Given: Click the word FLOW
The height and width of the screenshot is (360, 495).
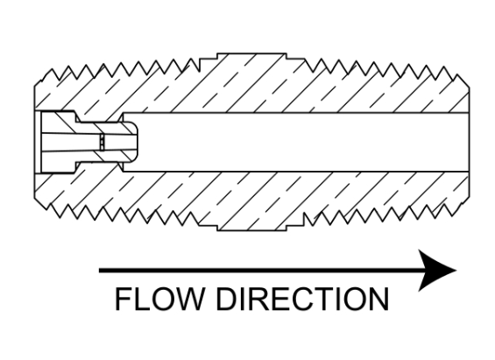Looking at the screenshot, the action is click(x=159, y=299).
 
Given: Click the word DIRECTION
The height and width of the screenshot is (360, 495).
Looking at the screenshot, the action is click(x=302, y=299).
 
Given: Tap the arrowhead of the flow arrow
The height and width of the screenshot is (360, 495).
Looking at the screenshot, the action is click(x=437, y=271).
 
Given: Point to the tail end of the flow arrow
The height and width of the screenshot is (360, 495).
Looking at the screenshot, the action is click(x=100, y=271).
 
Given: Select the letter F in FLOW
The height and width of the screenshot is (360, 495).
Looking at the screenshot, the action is click(x=124, y=299).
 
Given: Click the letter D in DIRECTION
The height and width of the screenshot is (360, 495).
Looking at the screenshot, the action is click(x=227, y=299).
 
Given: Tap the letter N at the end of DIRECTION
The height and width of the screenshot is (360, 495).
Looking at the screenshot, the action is click(x=378, y=299).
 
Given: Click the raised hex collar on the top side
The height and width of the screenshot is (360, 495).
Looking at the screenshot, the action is click(x=251, y=56).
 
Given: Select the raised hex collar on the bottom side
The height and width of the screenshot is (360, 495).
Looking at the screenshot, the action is click(x=251, y=228).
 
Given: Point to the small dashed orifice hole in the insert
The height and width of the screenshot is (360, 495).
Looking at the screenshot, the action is click(x=102, y=142).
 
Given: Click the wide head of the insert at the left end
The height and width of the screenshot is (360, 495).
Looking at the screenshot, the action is click(x=59, y=142).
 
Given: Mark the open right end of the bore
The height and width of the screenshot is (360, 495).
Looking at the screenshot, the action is click(x=468, y=142).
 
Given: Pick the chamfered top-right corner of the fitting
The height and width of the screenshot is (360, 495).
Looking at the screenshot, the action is click(x=463, y=81).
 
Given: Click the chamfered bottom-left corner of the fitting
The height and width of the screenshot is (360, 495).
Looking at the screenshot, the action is click(x=40, y=203).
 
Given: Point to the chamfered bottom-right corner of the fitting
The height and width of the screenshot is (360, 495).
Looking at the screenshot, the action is click(x=463, y=203).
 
